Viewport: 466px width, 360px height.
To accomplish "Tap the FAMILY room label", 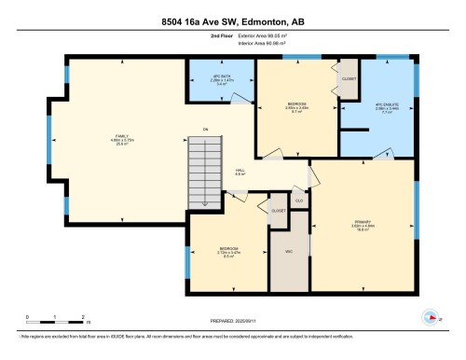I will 119,137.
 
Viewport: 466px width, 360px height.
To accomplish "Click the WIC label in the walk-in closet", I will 288,252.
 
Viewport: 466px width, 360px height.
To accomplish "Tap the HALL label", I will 240,171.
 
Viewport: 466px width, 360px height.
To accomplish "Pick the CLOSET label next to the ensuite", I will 349,79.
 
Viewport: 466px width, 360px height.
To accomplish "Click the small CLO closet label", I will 298,200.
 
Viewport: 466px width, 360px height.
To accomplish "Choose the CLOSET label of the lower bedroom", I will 278,211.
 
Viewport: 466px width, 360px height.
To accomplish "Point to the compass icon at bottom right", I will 430,317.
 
